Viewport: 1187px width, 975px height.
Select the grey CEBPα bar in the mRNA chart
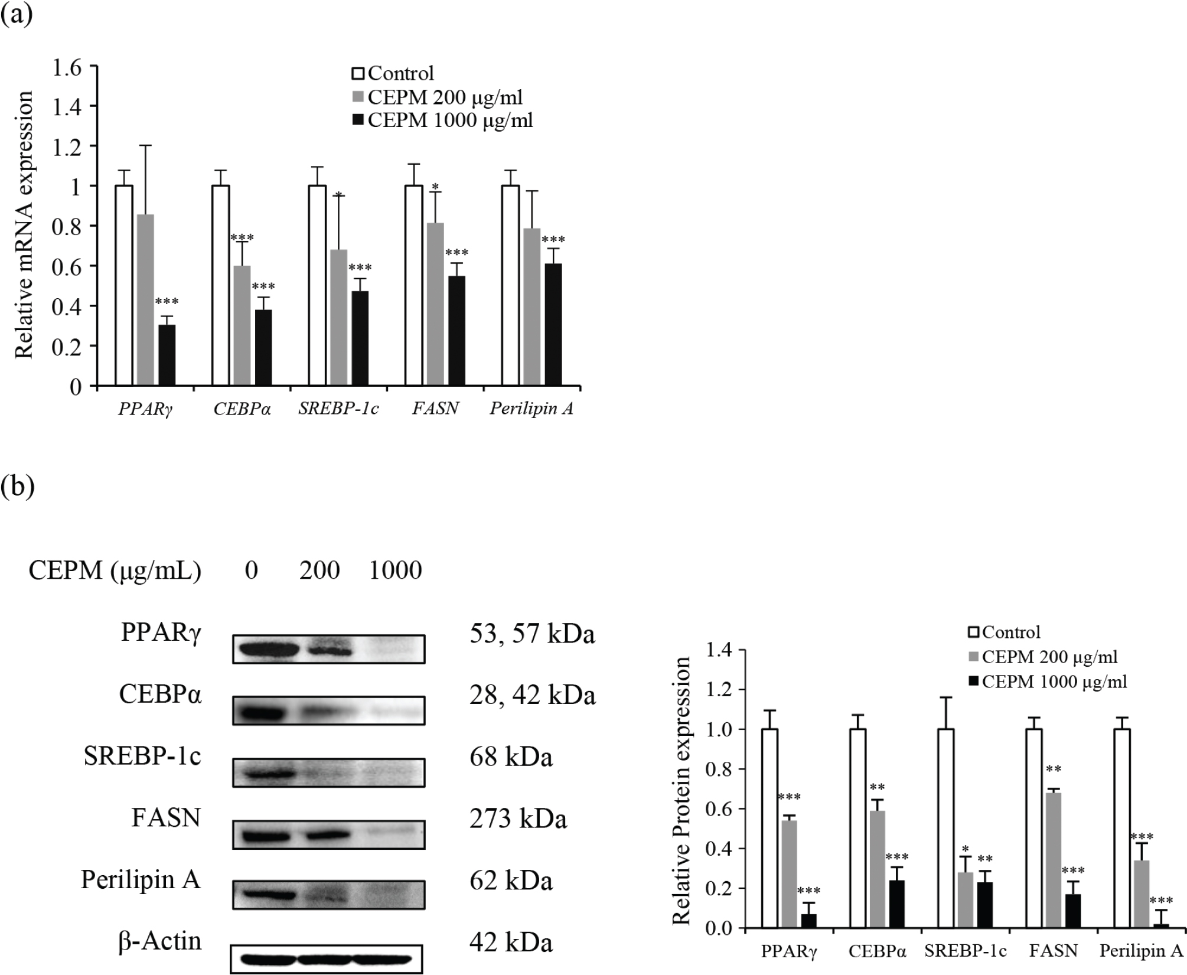coord(242,326)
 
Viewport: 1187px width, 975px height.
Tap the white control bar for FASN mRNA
coord(413,286)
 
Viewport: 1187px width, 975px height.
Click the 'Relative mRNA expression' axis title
coord(24,227)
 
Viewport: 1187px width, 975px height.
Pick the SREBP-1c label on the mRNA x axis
coord(338,409)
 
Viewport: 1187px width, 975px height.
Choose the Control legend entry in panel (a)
coord(393,74)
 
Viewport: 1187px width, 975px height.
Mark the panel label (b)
coord(18,487)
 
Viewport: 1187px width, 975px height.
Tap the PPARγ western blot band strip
coord(328,650)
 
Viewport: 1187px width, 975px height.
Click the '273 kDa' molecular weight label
coord(518,819)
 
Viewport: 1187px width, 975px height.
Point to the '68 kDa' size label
coord(511,757)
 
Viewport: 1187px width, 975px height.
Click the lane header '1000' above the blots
coord(395,570)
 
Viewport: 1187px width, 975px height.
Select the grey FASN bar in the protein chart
coord(1053,862)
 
